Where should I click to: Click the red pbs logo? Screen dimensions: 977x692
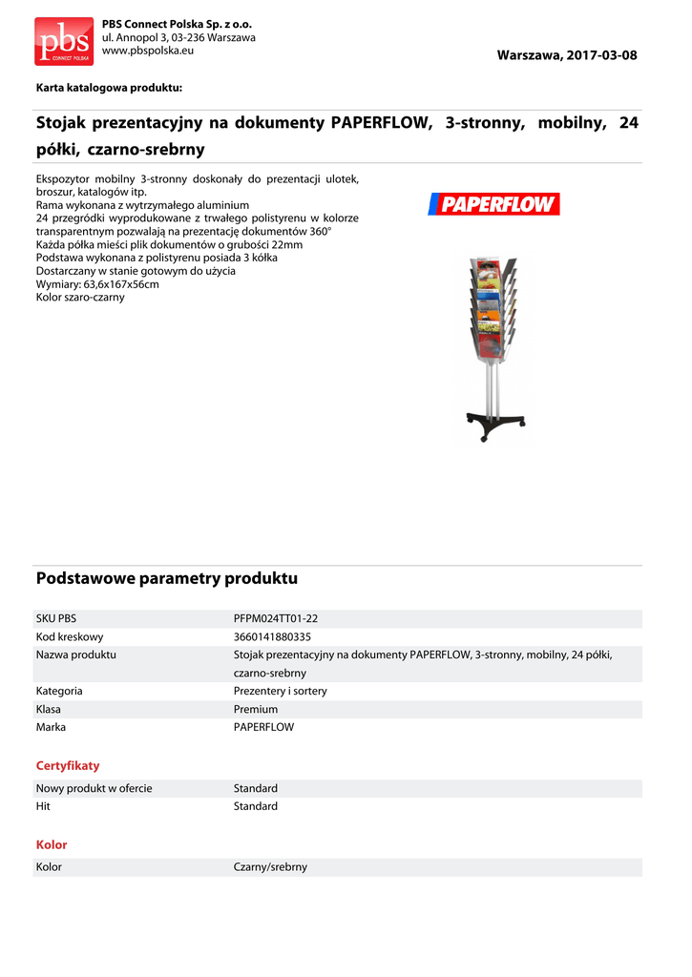point(64,41)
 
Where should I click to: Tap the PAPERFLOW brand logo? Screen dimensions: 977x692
point(493,203)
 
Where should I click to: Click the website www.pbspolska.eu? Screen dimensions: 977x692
point(148,50)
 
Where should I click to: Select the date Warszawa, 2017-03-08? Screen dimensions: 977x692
point(566,55)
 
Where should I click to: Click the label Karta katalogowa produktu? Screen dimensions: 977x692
point(109,88)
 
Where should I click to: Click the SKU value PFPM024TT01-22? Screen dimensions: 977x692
point(276,618)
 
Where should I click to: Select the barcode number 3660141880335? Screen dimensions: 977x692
point(272,636)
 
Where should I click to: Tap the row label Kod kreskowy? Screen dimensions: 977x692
point(70,636)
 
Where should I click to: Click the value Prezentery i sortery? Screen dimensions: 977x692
point(280,691)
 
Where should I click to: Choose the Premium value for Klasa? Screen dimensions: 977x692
point(256,709)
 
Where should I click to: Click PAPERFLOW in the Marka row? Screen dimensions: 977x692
point(263,727)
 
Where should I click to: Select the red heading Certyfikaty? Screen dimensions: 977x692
point(68,765)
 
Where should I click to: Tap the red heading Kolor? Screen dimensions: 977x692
point(52,844)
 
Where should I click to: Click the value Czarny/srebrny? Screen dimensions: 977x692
point(270,867)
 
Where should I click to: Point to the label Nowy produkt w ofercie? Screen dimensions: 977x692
point(94,788)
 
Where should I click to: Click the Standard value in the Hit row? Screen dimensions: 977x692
point(256,806)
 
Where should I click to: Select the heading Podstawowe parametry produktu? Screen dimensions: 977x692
point(167,578)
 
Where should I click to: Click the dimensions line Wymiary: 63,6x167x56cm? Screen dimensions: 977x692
point(97,284)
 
